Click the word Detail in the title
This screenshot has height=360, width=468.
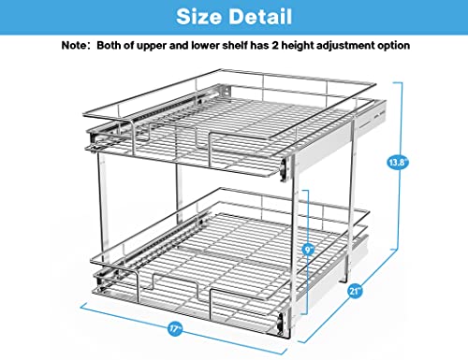(x=262, y=17)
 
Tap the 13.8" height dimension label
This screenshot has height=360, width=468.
(x=397, y=163)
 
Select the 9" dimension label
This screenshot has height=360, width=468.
(x=308, y=250)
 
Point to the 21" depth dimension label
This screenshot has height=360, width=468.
(x=355, y=291)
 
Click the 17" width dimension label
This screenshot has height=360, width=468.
(x=175, y=328)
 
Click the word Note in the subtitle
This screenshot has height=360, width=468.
(x=73, y=46)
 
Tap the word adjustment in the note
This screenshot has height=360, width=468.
(x=345, y=46)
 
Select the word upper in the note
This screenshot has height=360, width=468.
(x=151, y=47)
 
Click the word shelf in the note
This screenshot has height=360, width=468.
(x=235, y=46)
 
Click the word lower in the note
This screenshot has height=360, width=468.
(x=205, y=46)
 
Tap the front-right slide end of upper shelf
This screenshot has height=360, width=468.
(x=284, y=170)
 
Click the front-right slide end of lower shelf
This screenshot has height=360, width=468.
(x=281, y=324)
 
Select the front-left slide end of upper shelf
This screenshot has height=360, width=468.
(x=93, y=137)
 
